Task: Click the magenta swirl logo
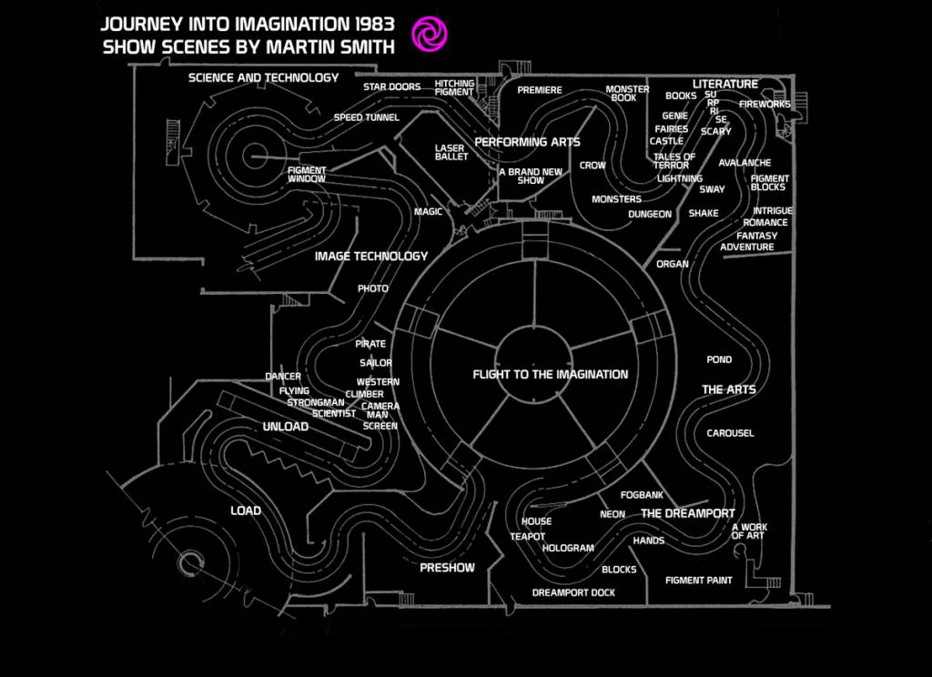point(429,34)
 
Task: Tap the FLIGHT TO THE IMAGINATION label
point(550,374)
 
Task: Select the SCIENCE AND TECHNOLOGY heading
point(263,78)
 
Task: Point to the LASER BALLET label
point(451,152)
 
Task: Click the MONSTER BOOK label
point(627,94)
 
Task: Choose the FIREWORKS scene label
point(765,105)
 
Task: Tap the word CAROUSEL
point(730,433)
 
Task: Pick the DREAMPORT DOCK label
point(573,592)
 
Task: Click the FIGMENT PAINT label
point(698,581)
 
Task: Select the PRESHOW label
point(447,568)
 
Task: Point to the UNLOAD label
point(285,427)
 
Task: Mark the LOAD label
point(246,510)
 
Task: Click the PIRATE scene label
point(370,344)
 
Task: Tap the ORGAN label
point(673,264)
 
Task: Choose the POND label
point(719,360)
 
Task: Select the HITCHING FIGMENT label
point(454,88)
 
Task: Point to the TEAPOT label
point(528,537)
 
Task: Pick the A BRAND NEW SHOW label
point(531,176)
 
